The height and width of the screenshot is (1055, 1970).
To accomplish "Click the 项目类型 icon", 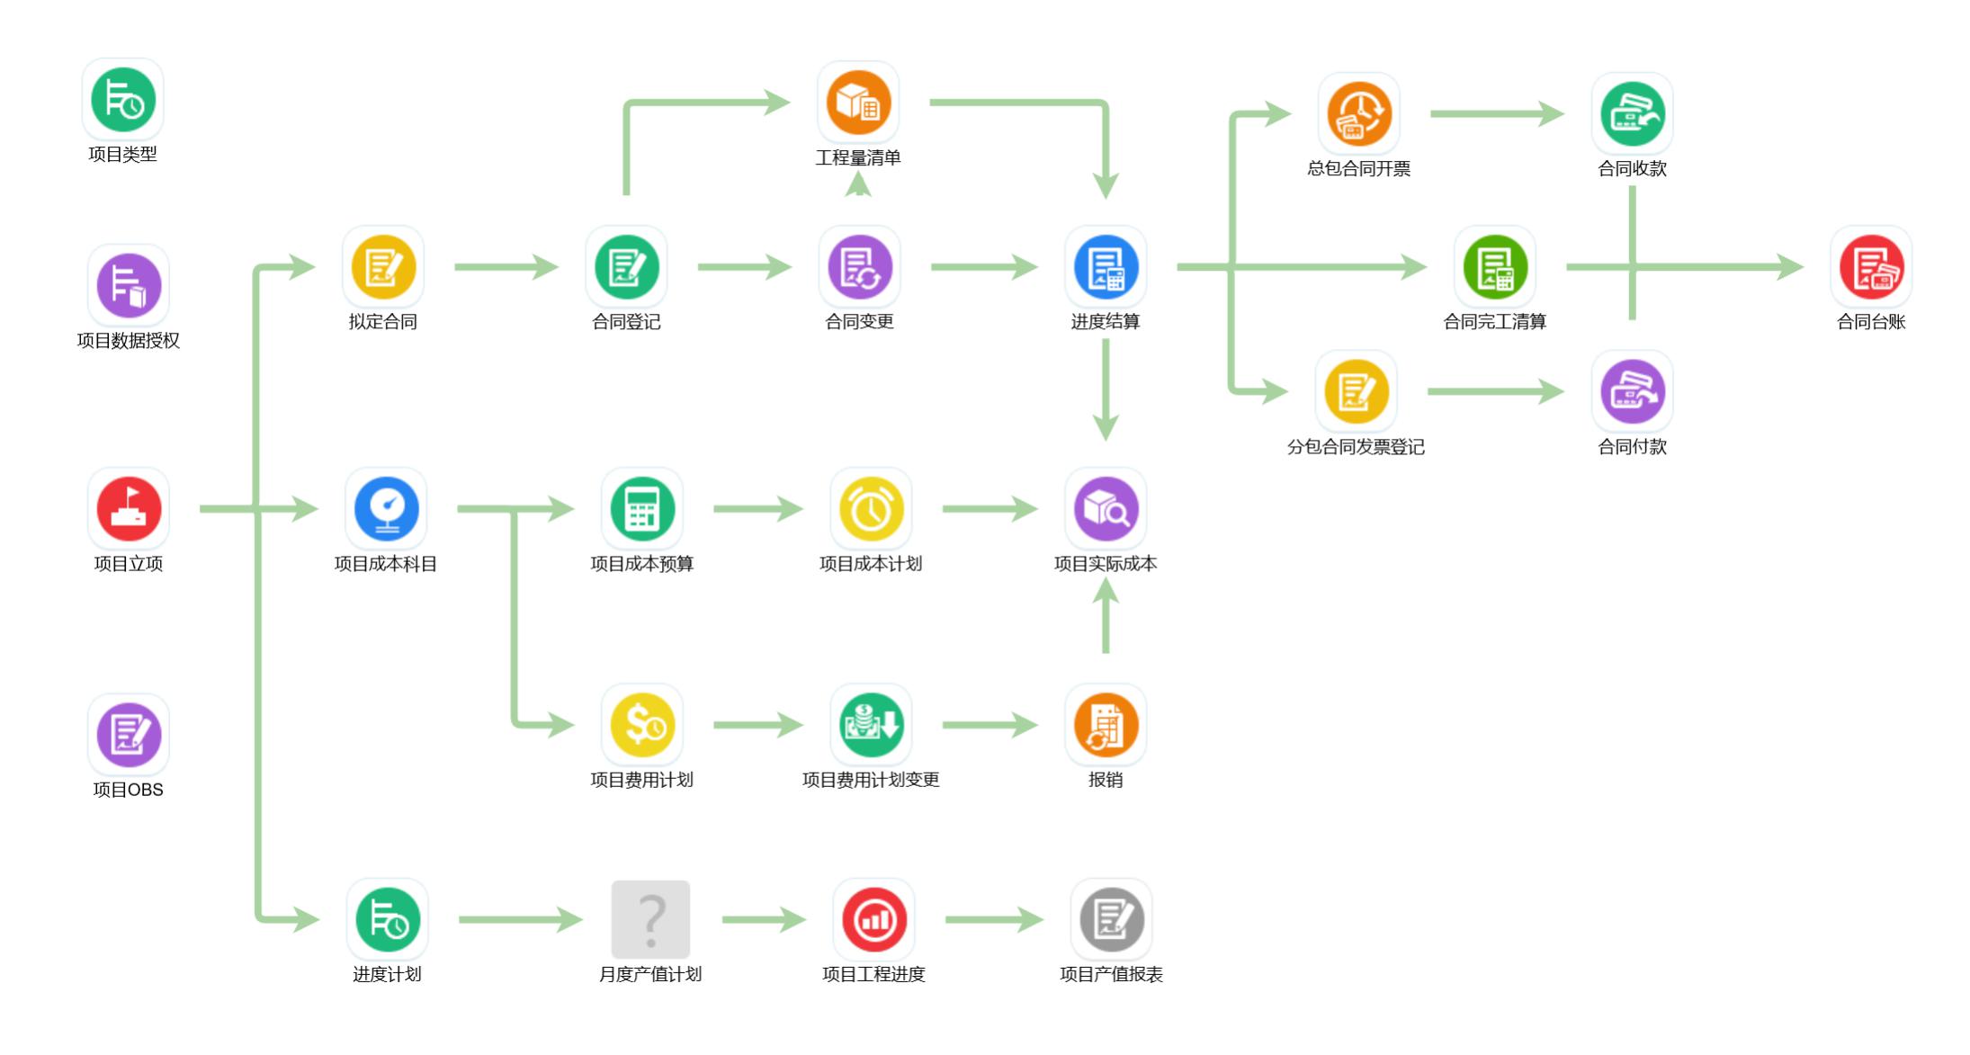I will pos(123,100).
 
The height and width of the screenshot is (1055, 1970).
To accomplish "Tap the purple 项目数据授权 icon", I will pos(129,285).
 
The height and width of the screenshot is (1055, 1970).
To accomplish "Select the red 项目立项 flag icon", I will pos(129,509).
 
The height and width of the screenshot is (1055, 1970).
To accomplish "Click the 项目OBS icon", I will pos(129,735).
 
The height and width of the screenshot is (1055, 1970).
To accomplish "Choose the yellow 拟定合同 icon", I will pos(383,267).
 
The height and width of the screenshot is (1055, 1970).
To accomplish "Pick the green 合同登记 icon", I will pos(626,267).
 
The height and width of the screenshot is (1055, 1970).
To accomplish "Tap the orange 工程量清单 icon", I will pos(858,103).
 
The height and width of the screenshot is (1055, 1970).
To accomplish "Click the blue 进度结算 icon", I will pos(1106,267).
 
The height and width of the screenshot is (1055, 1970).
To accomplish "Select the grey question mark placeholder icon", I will pos(650,919).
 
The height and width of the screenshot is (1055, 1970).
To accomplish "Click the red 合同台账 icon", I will pos(1871,267).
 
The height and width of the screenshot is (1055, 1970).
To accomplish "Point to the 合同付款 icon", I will pos(1632,392).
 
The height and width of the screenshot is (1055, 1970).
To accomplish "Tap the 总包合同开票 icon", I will pos(1358,114).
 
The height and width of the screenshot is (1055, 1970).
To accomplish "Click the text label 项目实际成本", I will pos(1106,564).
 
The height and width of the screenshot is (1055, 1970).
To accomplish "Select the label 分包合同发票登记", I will pos(1356,447).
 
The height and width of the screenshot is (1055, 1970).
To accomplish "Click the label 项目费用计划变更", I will pos(871,780).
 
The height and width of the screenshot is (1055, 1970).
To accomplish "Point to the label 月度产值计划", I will pos(650,974).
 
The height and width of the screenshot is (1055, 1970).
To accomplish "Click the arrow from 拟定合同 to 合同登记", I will pos(506,267).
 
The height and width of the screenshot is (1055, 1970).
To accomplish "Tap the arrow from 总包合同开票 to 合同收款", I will pos(1497,114).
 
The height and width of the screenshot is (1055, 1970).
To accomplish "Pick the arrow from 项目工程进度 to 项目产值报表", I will pos(993,919).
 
